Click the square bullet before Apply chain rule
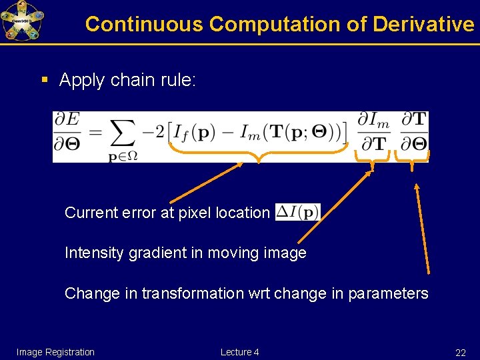[x=45, y=81]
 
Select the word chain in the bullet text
[x=131, y=81]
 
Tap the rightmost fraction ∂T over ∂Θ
[x=414, y=132]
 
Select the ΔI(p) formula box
[x=297, y=213]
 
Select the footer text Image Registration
[x=55, y=352]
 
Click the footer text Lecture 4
[x=240, y=352]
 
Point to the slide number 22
[x=460, y=353]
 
